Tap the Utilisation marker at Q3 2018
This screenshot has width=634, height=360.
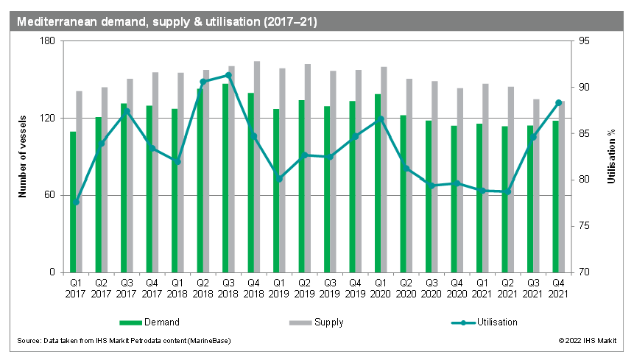click(228, 75)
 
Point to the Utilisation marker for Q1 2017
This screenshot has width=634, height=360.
click(76, 202)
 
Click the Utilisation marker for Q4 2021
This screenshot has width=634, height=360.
click(558, 102)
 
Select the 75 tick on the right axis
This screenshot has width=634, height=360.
click(585, 226)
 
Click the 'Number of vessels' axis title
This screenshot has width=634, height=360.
click(22, 156)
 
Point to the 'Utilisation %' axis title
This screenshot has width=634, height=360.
click(610, 156)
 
